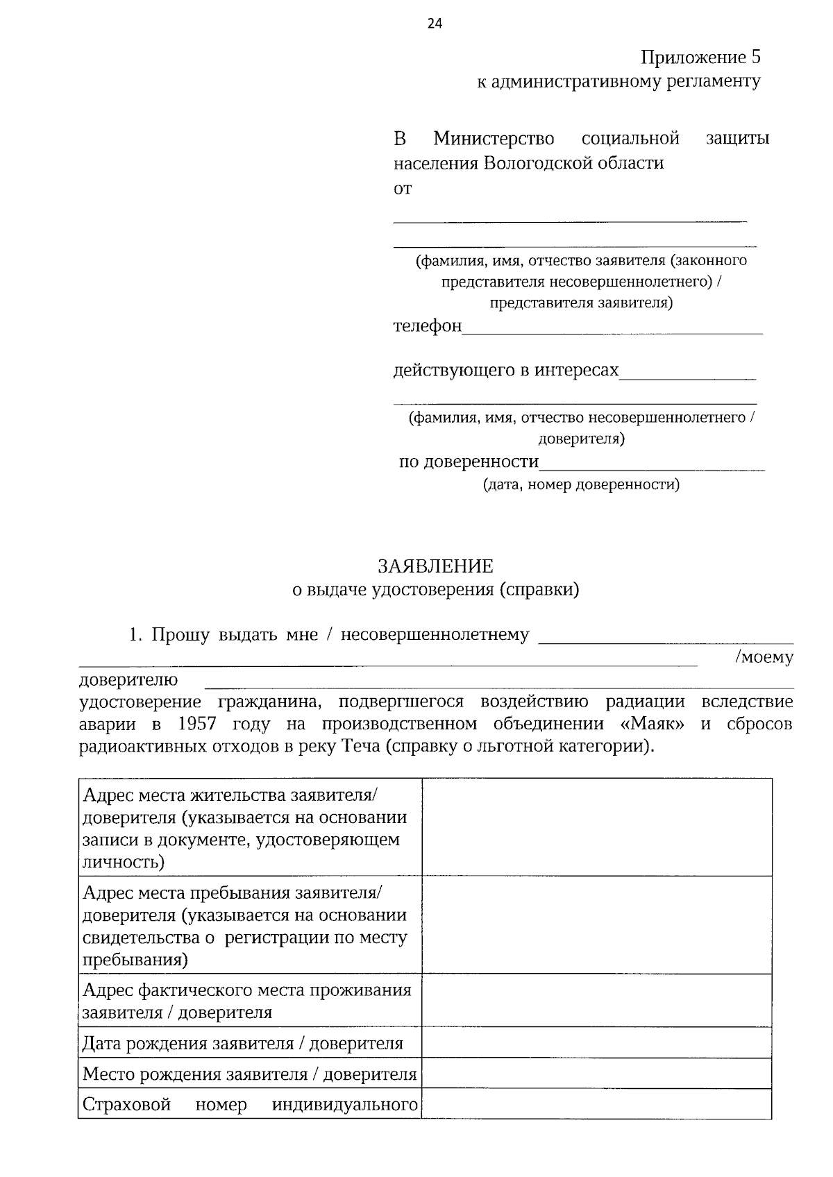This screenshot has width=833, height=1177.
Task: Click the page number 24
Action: click(x=434, y=24)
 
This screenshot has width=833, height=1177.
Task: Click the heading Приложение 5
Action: click(x=700, y=57)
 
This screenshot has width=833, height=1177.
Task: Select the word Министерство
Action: click(x=494, y=139)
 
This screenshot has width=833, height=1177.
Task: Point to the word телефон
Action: click(x=427, y=326)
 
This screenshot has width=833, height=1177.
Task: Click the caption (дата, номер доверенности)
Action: click(x=581, y=484)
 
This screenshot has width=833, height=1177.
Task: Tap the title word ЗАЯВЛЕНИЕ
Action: click(x=435, y=566)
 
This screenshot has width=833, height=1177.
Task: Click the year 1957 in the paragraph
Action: click(x=197, y=724)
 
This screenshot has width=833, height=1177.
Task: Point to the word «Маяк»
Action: click(x=651, y=724)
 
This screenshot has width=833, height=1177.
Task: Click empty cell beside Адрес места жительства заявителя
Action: click(x=597, y=827)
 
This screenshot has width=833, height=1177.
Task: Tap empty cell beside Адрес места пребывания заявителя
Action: click(x=597, y=924)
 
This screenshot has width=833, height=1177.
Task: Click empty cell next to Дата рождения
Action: click(x=597, y=1043)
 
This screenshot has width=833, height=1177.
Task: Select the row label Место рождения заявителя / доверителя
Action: click(x=249, y=1074)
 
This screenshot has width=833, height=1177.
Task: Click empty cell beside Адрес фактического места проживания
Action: click(x=597, y=1000)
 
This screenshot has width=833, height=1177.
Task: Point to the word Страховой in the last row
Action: click(x=126, y=1104)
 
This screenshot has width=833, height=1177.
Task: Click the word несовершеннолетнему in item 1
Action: click(x=435, y=634)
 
